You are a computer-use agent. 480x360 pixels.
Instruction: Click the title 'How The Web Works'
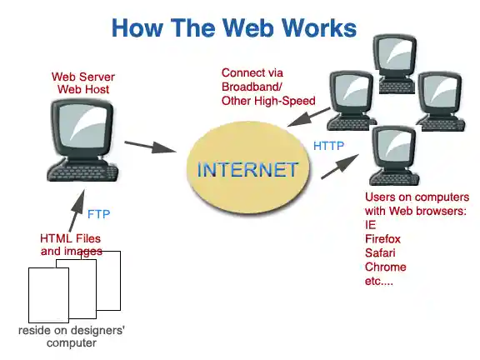point(233,27)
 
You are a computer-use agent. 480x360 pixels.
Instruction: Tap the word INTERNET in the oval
point(247,170)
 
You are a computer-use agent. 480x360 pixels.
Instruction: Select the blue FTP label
point(98,214)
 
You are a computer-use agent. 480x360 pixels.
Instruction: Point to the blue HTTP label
point(328,147)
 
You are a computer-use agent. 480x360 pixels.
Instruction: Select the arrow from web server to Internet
point(152,147)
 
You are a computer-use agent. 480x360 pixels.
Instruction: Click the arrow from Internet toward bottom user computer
point(337,167)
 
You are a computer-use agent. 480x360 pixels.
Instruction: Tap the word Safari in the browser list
point(381,252)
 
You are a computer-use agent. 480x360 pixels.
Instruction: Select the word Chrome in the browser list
point(385,267)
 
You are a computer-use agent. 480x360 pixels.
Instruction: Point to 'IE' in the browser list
point(371,225)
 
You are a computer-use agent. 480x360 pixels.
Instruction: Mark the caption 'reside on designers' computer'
point(72,337)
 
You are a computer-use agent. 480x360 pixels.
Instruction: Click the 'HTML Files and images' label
point(71,244)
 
